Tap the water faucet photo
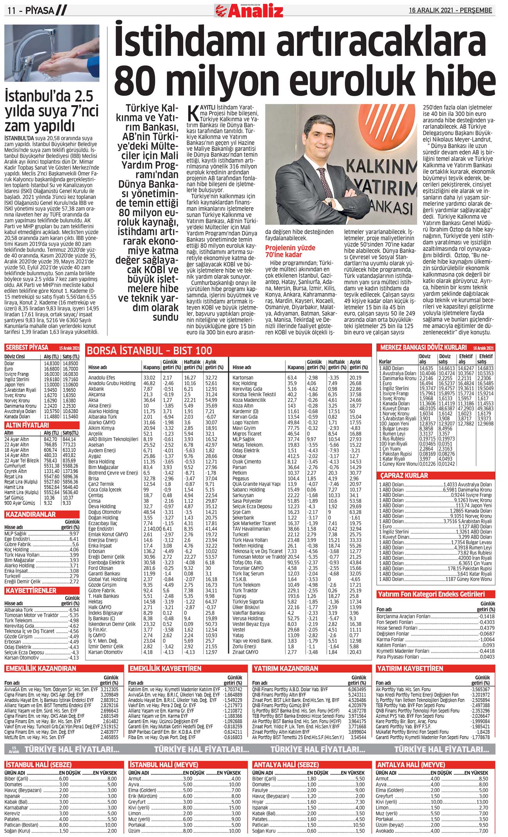tap(52, 53)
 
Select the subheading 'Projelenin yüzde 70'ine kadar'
tap(290, 251)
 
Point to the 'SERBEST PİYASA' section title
tap(27, 348)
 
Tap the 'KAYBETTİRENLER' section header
tap(31, 590)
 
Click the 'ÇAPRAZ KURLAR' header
tap(404, 475)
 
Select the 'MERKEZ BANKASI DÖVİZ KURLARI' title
tap(423, 347)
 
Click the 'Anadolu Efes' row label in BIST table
tap(102, 378)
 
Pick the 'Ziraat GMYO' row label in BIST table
tap(245, 652)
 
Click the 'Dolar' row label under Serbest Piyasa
tap(9, 363)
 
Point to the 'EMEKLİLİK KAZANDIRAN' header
tap(41, 669)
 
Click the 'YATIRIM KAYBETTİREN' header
tap(410, 669)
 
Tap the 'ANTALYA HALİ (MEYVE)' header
tap(411, 765)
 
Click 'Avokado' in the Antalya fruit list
tap(385, 831)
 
